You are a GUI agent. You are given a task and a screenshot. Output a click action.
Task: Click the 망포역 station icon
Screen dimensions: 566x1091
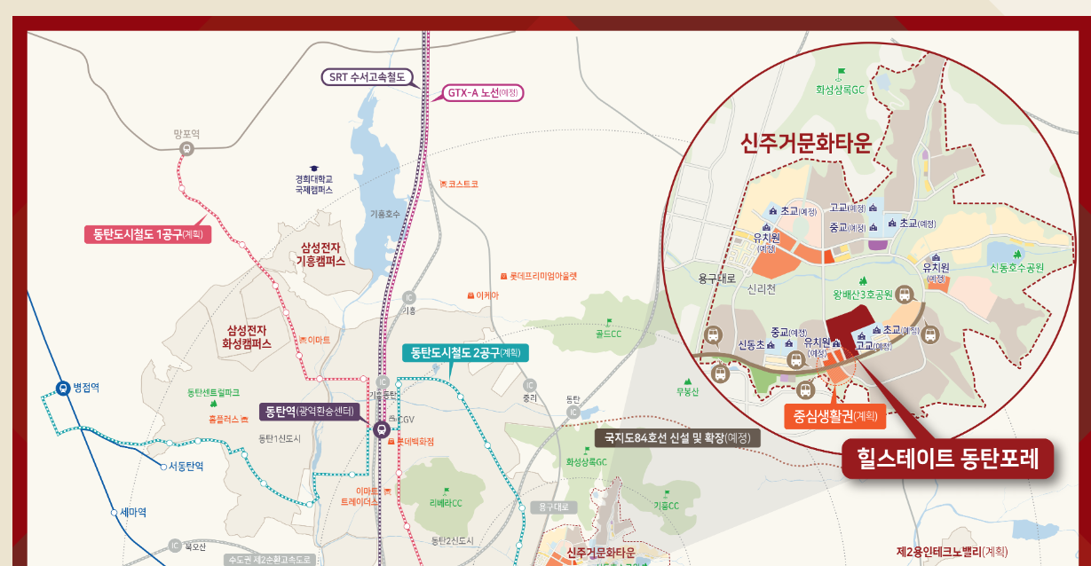pyautogui.click(x=186, y=149)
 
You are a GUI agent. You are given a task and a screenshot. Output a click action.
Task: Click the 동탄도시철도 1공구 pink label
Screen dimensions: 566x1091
pyautogui.click(x=147, y=235)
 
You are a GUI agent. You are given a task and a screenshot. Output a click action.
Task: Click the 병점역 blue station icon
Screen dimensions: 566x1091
pyautogui.click(x=63, y=388)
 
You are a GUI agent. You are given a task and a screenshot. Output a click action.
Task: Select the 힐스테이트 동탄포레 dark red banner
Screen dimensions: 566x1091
pyautogui.click(x=947, y=459)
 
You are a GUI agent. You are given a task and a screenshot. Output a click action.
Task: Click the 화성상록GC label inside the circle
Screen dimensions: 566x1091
pyautogui.click(x=840, y=90)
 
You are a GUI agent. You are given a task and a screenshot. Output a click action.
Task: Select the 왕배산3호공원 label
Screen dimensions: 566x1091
pyautogui.click(x=862, y=295)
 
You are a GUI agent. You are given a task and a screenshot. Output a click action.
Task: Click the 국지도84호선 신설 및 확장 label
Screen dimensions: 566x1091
pyautogui.click(x=676, y=437)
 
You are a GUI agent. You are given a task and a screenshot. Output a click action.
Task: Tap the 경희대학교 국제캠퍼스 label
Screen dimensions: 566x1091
pyautogui.click(x=313, y=184)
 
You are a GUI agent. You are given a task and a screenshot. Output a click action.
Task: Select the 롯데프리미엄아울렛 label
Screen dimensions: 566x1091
pyautogui.click(x=542, y=276)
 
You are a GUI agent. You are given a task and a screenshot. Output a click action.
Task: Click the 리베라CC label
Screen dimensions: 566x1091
pyautogui.click(x=446, y=503)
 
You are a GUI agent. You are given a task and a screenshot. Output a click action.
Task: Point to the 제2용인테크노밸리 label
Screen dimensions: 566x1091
pyautogui.click(x=952, y=552)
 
